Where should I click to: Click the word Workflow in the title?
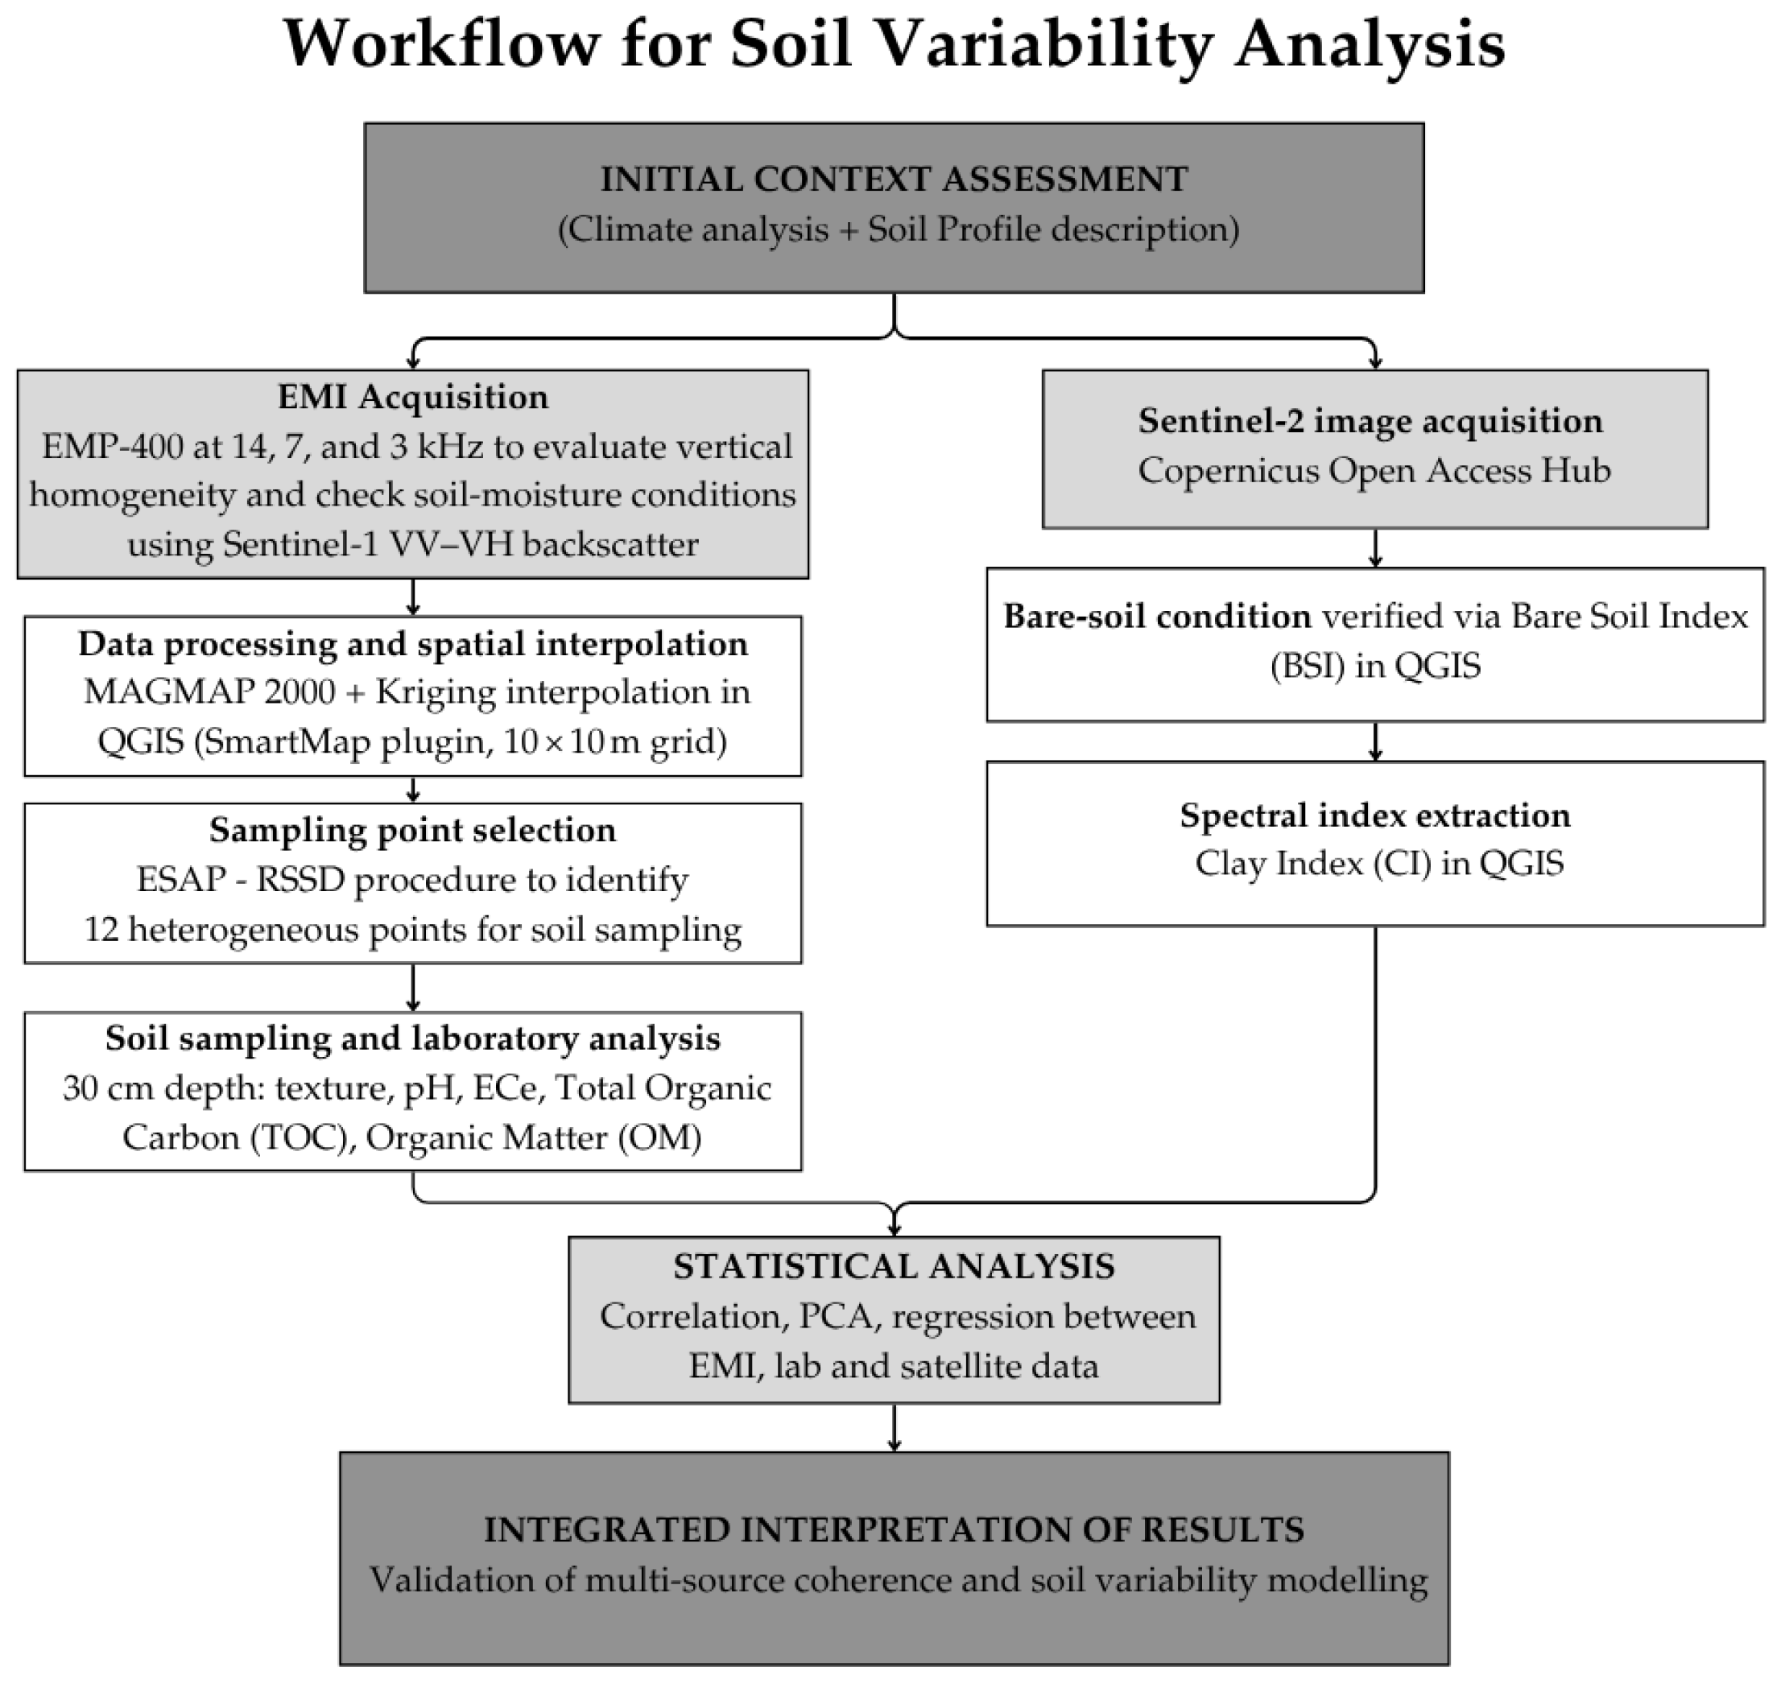click(440, 45)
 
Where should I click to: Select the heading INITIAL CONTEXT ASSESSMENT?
click(893, 180)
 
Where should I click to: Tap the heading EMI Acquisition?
click(412, 397)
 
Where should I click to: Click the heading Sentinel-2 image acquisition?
click(1370, 421)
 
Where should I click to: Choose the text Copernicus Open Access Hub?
click(1374, 470)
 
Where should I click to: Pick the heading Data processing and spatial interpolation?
click(412, 644)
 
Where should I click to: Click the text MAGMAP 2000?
click(209, 692)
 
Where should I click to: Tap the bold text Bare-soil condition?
click(1157, 617)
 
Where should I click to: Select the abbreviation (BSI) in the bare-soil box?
click(1307, 666)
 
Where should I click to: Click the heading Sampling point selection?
click(412, 831)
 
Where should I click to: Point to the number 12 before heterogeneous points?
click(102, 929)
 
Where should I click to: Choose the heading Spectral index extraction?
click(1374, 815)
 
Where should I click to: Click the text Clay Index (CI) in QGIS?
click(1379, 864)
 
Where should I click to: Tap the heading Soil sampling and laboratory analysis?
click(412, 1038)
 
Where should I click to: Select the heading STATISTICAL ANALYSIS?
click(893, 1266)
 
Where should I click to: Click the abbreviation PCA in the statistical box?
click(835, 1317)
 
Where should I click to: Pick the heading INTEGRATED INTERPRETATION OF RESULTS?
click(893, 1529)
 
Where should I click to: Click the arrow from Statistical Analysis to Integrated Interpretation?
click(893, 1427)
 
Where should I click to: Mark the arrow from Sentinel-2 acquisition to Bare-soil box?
click(1374, 547)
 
